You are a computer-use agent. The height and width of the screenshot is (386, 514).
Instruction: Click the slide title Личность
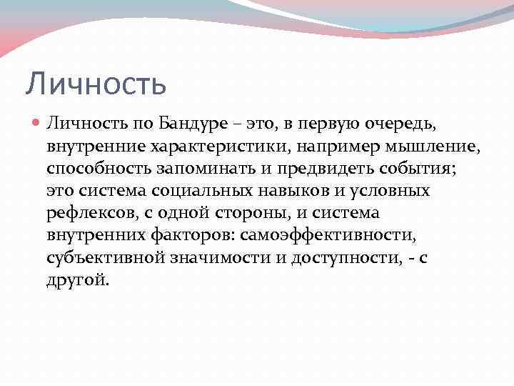click(x=96, y=84)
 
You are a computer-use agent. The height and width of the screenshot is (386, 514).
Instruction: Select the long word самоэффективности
click(x=326, y=236)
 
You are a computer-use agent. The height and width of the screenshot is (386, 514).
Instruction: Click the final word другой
click(x=78, y=280)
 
